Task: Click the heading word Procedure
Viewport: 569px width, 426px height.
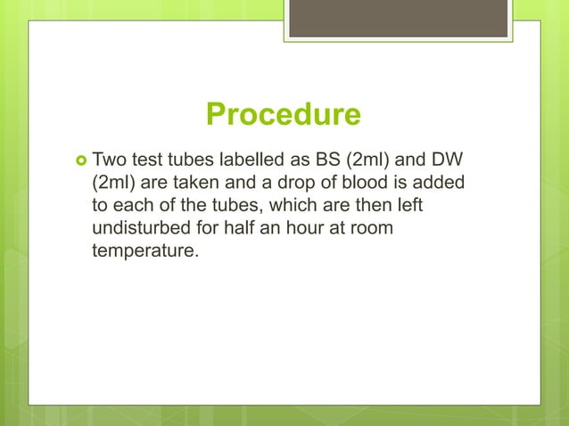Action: coord(284,116)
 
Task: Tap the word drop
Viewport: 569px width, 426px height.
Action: coord(290,184)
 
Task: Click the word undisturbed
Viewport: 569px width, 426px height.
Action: coord(143,228)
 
